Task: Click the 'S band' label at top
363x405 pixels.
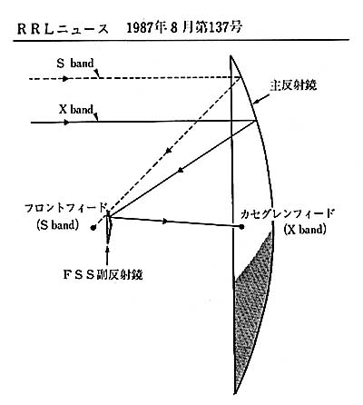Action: click(x=75, y=64)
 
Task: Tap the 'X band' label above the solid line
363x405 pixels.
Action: click(x=76, y=109)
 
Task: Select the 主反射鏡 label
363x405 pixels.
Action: click(x=293, y=85)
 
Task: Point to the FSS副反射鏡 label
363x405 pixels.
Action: click(x=103, y=274)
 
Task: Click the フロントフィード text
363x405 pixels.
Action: click(x=65, y=209)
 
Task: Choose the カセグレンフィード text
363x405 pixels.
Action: click(x=287, y=213)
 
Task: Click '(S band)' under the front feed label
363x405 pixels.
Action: click(x=57, y=225)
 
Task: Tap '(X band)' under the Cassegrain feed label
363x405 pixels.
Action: click(x=305, y=229)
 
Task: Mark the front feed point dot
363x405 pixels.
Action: click(x=93, y=228)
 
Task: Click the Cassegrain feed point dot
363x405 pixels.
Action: click(x=241, y=226)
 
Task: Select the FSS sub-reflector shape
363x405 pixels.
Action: click(x=109, y=227)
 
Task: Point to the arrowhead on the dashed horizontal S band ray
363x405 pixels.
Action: click(x=65, y=79)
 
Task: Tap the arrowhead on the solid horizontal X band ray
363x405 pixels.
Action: click(x=66, y=123)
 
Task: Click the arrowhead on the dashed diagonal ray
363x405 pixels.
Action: click(x=169, y=151)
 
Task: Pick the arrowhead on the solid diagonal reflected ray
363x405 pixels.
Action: click(x=181, y=170)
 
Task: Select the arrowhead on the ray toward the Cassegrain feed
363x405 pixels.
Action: click(x=164, y=221)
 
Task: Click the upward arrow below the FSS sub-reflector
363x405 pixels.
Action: click(x=108, y=257)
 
